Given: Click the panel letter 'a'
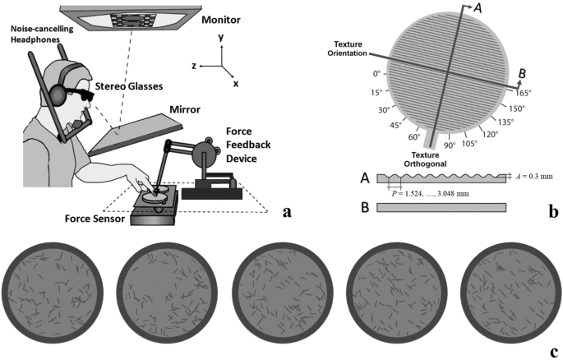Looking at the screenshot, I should tap(286, 212).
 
